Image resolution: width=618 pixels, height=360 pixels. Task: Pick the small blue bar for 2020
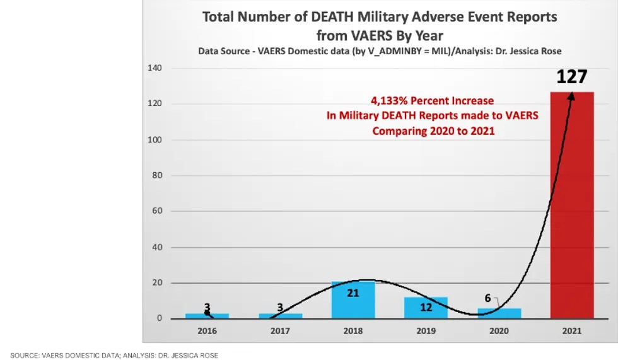coord(499,313)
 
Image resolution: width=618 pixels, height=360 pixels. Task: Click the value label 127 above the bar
coord(571,77)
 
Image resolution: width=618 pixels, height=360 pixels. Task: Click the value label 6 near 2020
coord(487,298)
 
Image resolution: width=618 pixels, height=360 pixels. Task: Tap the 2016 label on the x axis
coord(207,330)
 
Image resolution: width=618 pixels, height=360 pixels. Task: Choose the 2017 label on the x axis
coord(279,330)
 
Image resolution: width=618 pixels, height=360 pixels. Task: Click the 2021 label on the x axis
coord(571,330)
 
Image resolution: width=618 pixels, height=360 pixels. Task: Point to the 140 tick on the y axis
coord(154,68)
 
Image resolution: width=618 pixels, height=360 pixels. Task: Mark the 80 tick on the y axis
coord(157,176)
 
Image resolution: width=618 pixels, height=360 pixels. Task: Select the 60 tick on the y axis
coord(157,212)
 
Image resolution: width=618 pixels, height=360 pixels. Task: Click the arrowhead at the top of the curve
coord(572,95)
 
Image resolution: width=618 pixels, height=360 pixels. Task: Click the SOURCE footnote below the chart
coord(114,356)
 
